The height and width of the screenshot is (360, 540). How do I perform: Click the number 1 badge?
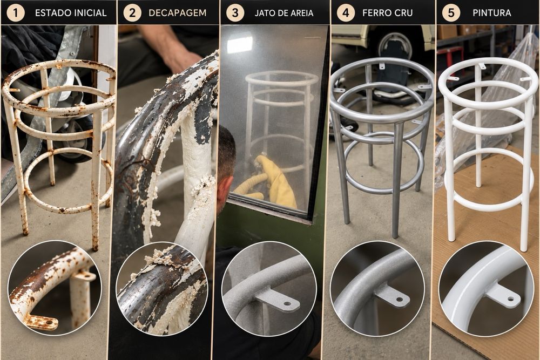pyautogui.click(x=16, y=13)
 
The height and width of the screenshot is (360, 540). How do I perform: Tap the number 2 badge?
pyautogui.click(x=132, y=13)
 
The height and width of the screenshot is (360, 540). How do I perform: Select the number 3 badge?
pyautogui.click(x=235, y=13)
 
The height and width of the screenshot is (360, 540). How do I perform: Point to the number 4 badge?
pyautogui.click(x=346, y=13)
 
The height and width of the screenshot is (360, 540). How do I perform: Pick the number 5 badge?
pyautogui.click(x=451, y=13)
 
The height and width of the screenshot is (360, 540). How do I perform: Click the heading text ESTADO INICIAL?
pyautogui.click(x=71, y=13)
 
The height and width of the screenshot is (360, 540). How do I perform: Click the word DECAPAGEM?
pyautogui.click(x=177, y=13)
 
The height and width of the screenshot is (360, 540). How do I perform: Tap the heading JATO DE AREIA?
pyautogui.click(x=284, y=13)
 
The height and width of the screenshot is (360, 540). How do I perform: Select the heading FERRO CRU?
pyautogui.click(x=387, y=13)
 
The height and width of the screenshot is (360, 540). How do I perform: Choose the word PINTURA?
pyautogui.click(x=491, y=13)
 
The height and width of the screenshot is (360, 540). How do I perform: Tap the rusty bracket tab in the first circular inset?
pyautogui.click(x=42, y=322)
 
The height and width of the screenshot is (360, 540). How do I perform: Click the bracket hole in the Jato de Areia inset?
pyautogui.click(x=287, y=304)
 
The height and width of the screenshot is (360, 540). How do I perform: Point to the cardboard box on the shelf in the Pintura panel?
pyautogui.click(x=447, y=32)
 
